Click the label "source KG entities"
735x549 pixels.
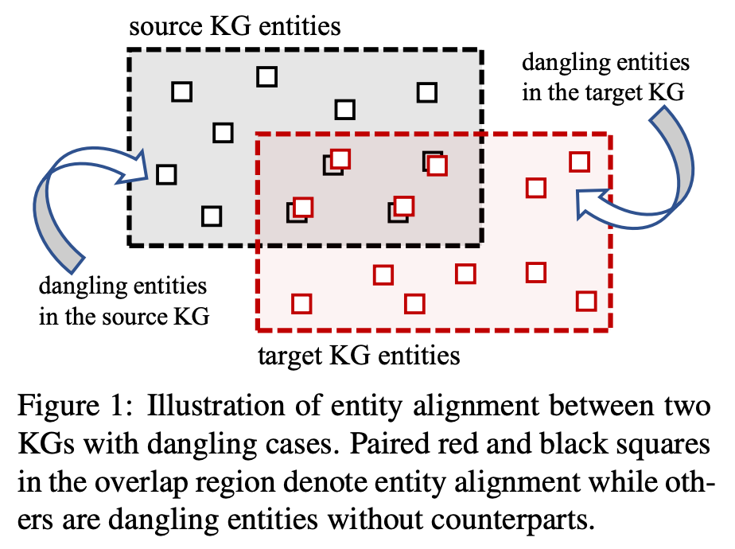point(235,27)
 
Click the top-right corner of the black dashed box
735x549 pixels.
point(482,51)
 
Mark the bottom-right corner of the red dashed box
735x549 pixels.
point(610,329)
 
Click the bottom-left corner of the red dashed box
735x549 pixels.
point(258,329)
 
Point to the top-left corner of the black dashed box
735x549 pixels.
point(130,51)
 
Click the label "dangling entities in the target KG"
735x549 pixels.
point(604,78)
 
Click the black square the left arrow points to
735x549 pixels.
point(165,173)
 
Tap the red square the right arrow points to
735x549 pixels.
point(537,188)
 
